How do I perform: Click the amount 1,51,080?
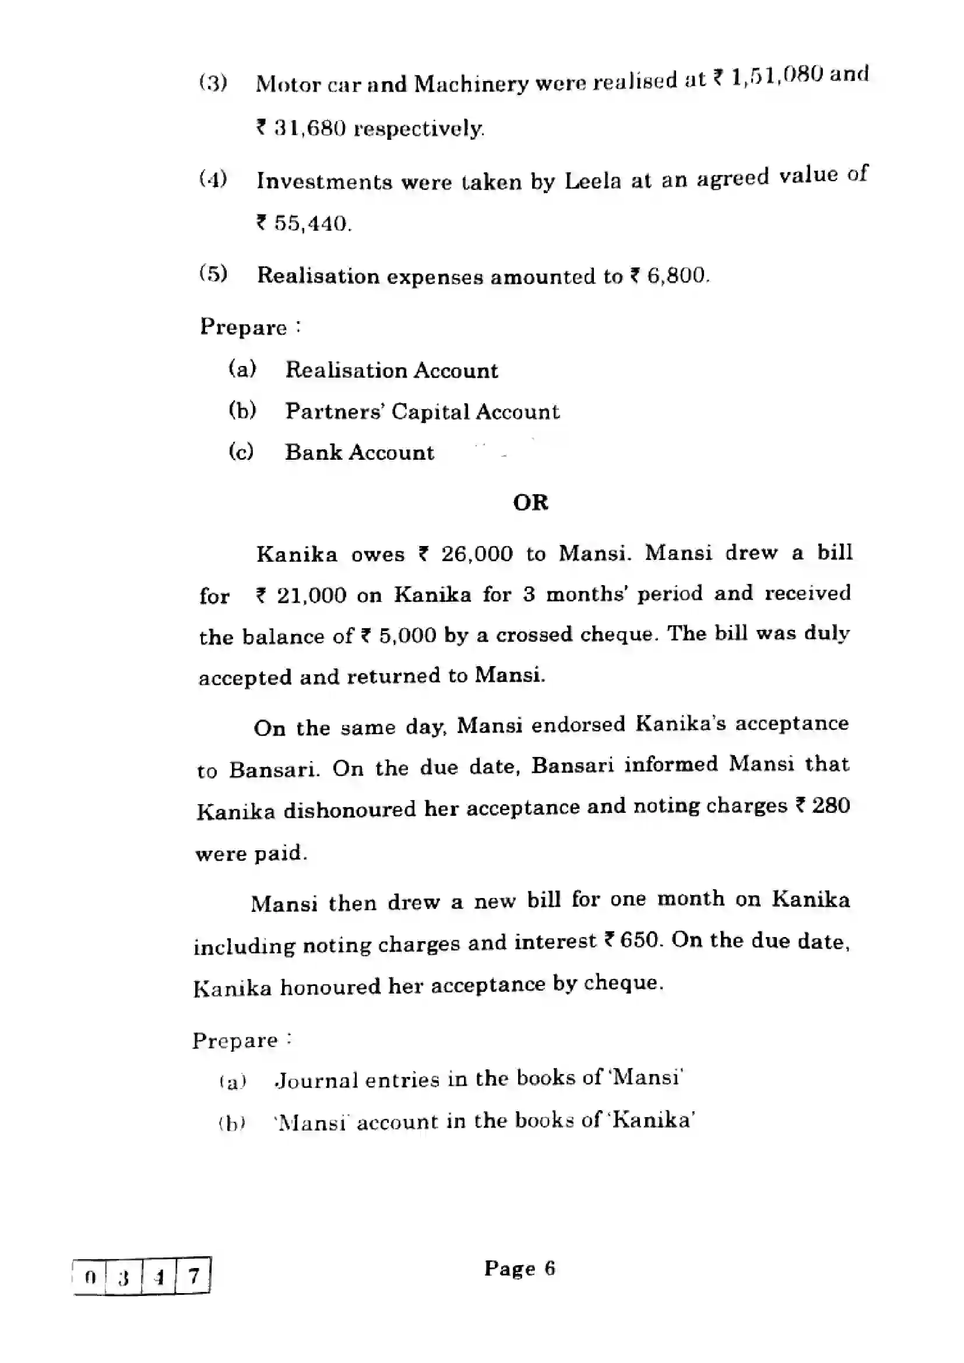777,76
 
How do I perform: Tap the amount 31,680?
310,128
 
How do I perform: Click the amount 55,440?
311,224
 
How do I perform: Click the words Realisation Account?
391,371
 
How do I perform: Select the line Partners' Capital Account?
422,411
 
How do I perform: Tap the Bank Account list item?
359,452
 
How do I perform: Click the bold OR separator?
530,503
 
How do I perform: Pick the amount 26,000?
476,554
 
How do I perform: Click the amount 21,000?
311,595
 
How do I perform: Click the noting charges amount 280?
831,805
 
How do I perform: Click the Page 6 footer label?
519,1269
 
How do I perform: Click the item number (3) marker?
213,83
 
